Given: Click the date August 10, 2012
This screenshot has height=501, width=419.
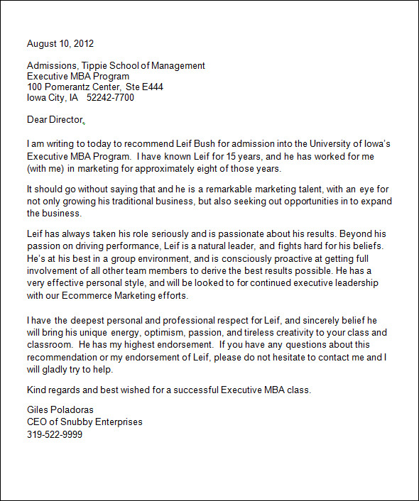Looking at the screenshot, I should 60,44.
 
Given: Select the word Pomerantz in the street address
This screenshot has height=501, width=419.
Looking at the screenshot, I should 70,87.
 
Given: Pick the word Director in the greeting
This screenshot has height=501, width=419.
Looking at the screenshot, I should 67,120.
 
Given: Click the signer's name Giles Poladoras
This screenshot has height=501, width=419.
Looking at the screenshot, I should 60,410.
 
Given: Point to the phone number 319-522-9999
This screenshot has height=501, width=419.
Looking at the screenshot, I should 55,434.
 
